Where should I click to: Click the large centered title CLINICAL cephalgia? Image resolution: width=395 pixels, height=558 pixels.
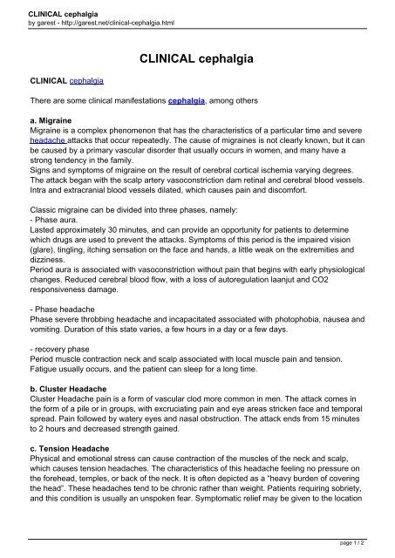(x=197, y=59)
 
